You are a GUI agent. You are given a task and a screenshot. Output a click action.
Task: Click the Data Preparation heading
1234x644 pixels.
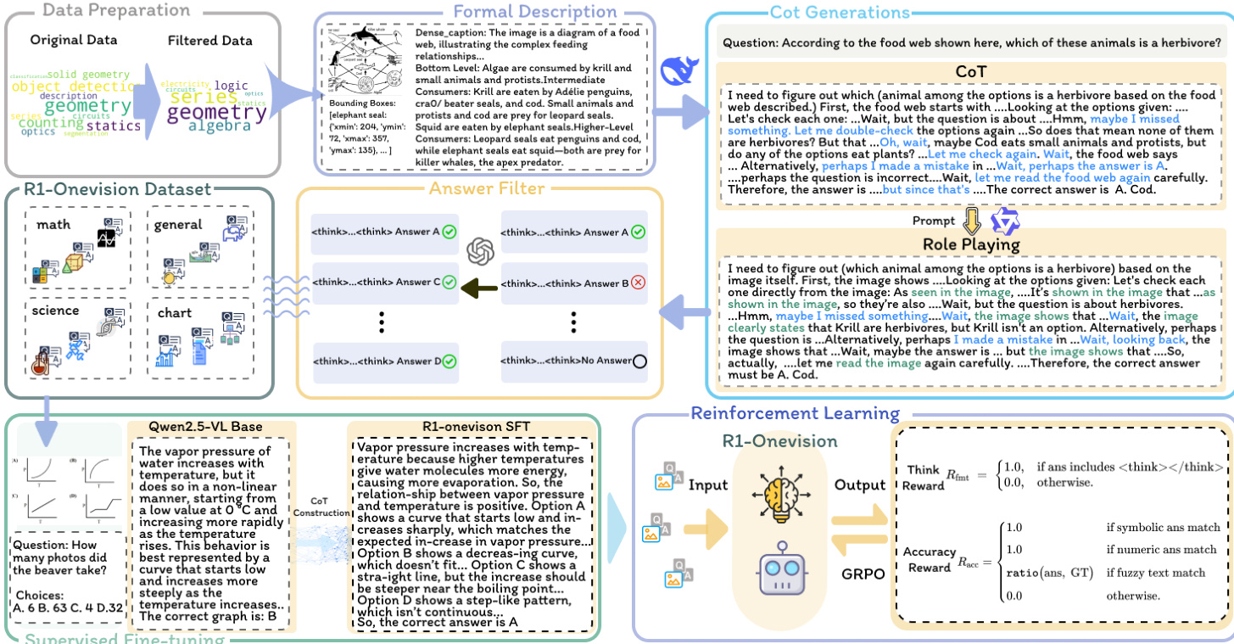[104, 11]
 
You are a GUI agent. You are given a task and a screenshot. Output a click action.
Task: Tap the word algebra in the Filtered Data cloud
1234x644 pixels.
[220, 126]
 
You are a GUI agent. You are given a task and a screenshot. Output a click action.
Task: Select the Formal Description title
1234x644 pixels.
[481, 12]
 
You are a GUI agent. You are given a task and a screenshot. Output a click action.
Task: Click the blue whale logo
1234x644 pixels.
[679, 69]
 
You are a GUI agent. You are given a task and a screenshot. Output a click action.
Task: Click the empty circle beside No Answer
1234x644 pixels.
[639, 361]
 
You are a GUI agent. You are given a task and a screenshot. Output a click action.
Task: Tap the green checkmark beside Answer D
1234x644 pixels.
[449, 361]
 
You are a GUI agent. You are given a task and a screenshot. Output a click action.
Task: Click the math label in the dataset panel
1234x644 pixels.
[53, 225]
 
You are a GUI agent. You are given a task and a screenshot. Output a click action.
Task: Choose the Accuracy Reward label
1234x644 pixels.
[929, 559]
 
